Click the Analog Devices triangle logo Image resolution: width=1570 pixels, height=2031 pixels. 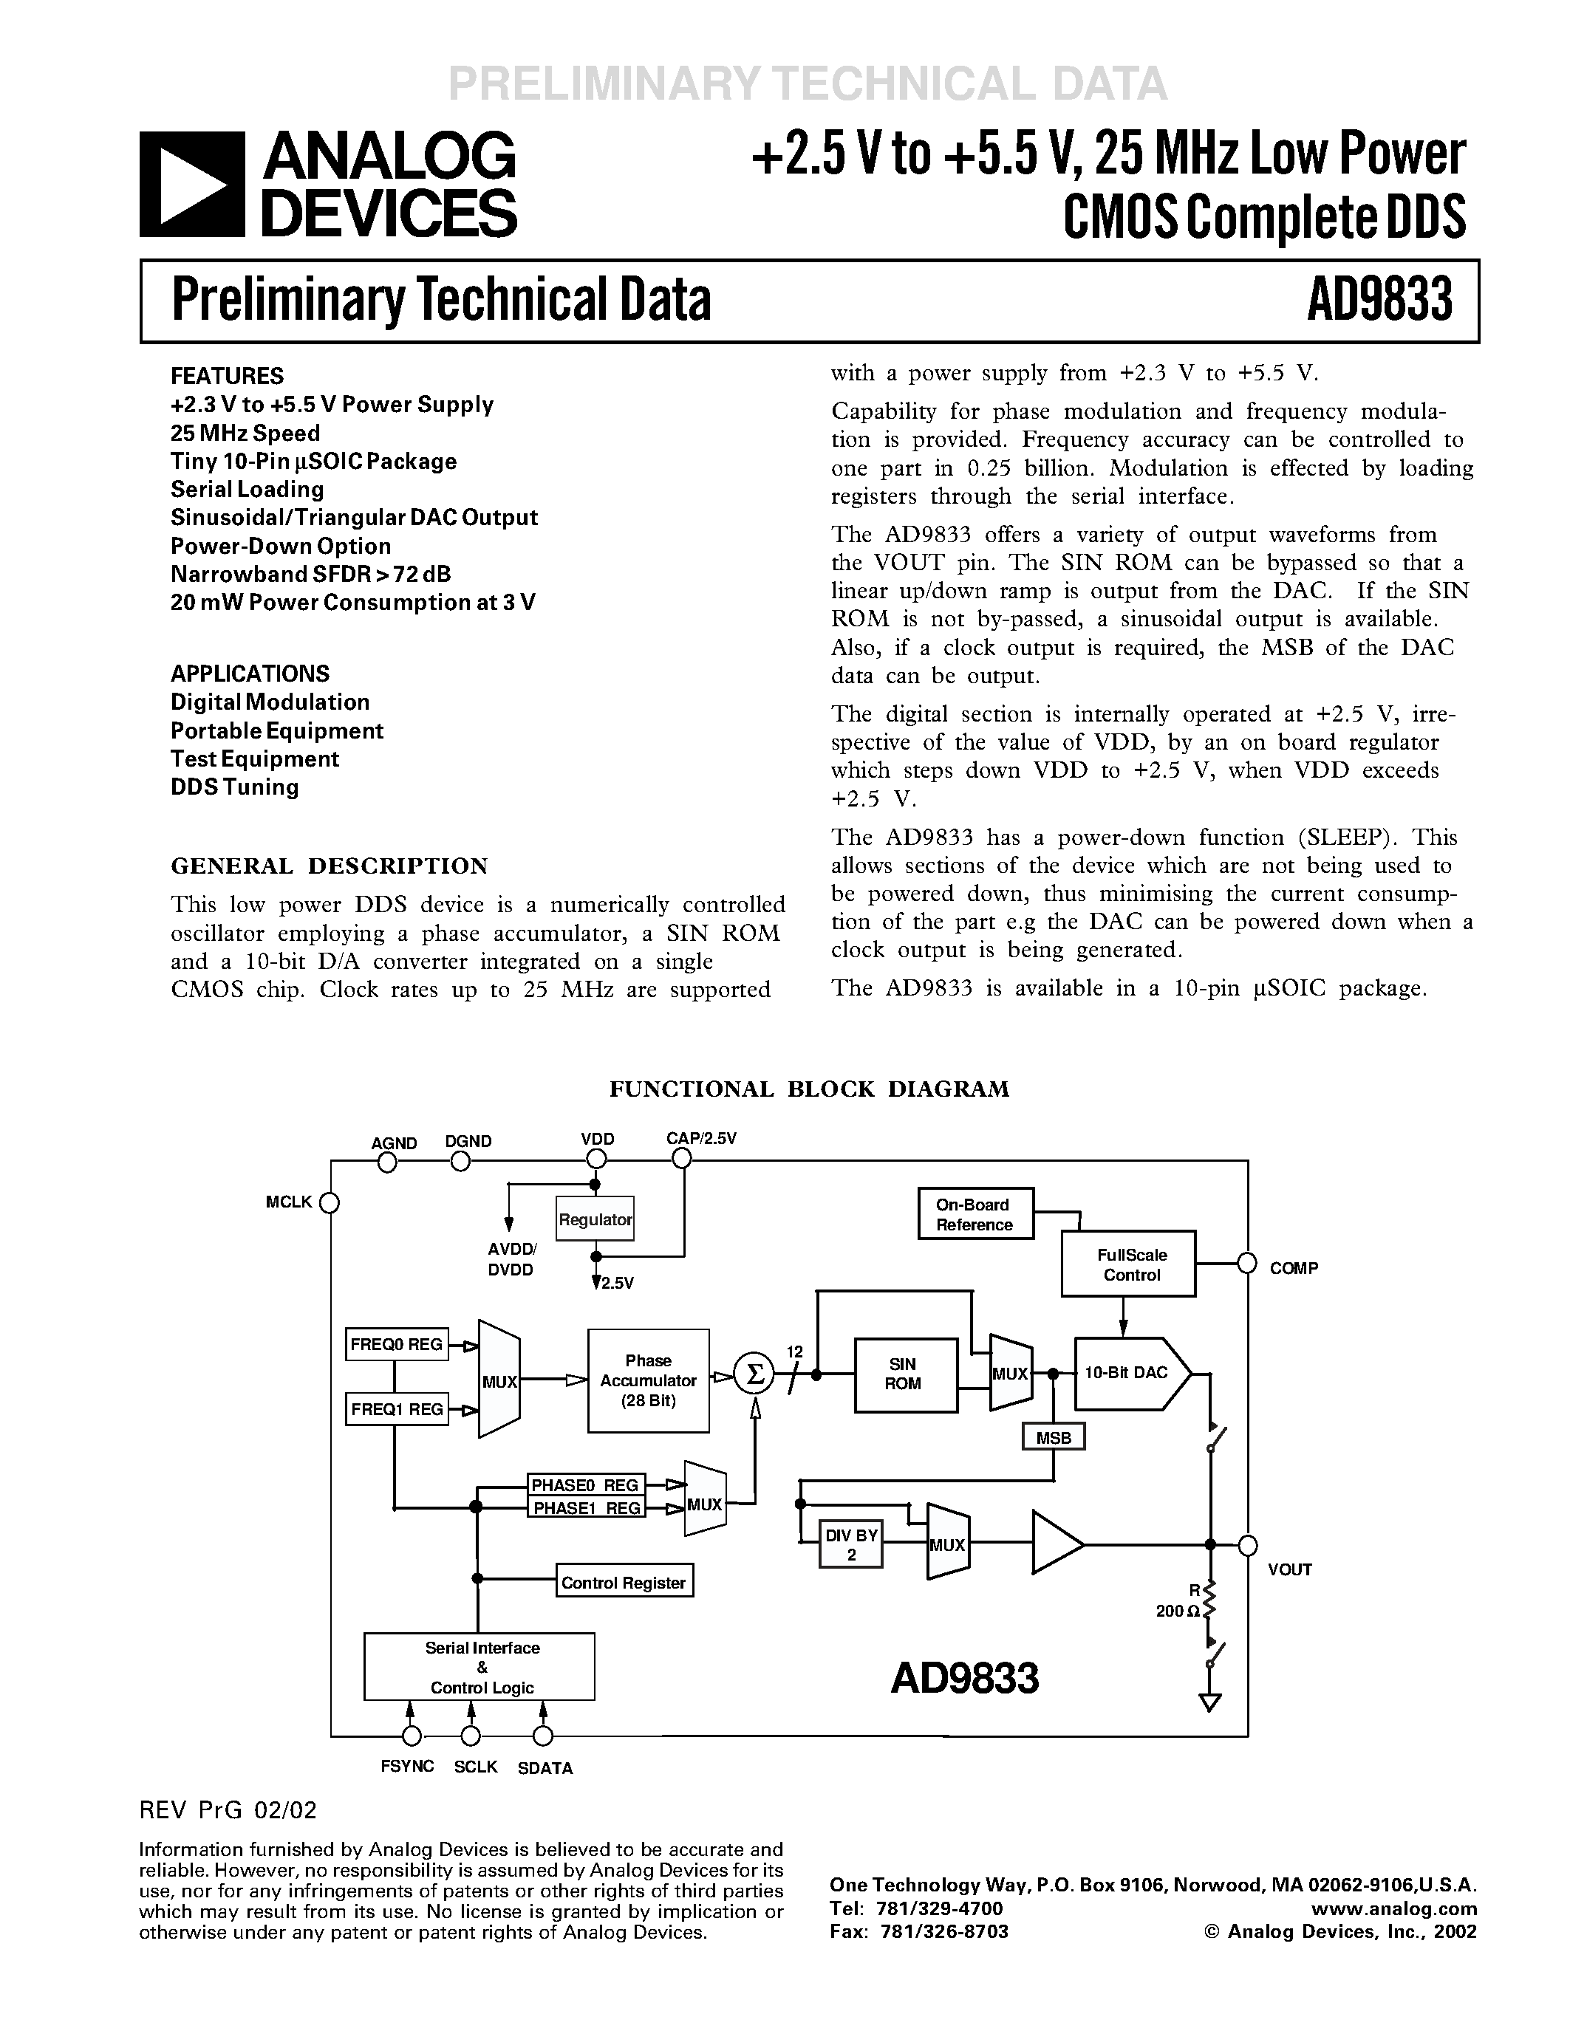click(191, 184)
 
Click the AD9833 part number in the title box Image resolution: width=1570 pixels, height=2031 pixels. click(1379, 301)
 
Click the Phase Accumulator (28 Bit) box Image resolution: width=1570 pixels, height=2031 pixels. click(648, 1380)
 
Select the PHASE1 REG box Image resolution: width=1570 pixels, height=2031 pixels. click(586, 1507)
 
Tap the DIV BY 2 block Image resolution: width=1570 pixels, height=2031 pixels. click(851, 1544)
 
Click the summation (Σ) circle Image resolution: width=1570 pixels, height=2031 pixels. click(755, 1374)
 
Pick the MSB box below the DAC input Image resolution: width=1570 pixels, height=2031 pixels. click(1053, 1438)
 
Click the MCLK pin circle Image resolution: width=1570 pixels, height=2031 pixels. click(330, 1203)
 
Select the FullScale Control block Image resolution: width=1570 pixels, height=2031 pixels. click(1128, 1264)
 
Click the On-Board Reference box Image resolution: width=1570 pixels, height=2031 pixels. click(975, 1214)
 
